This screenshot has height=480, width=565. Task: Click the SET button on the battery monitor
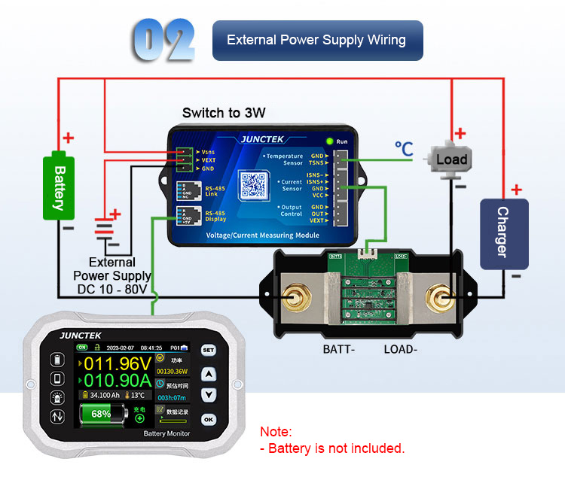coord(209,351)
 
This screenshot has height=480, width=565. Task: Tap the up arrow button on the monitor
coord(209,373)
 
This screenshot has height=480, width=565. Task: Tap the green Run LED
coord(329,141)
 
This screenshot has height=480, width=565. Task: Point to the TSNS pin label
coord(317,163)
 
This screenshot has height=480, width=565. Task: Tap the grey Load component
coord(450,159)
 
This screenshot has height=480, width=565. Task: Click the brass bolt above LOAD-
coord(436,302)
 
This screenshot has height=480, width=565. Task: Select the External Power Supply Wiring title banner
coord(316,41)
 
